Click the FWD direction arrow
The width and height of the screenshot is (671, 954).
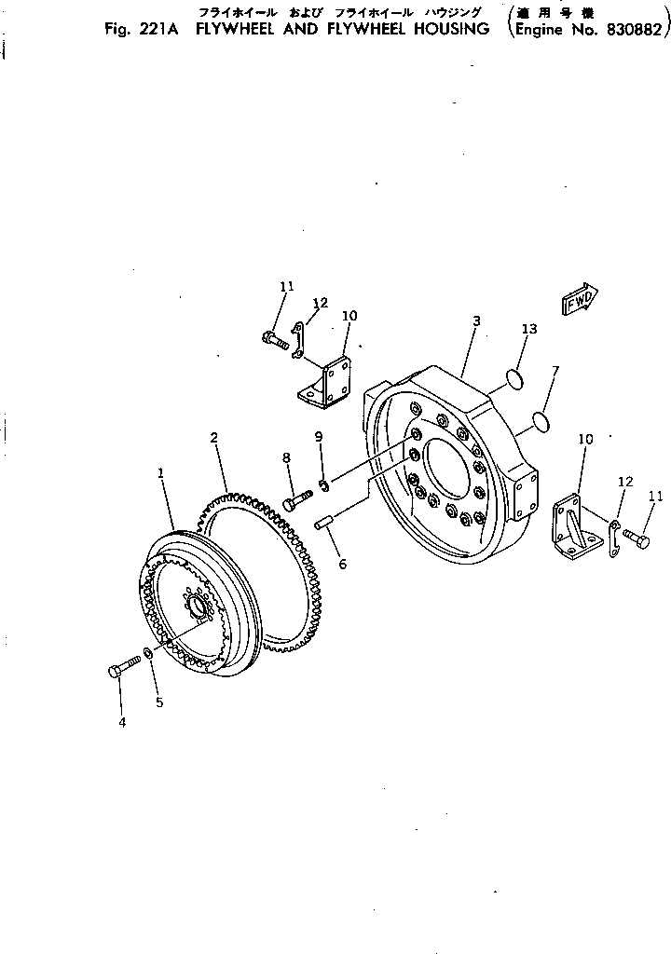click(579, 301)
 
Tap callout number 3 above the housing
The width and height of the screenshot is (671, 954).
click(475, 320)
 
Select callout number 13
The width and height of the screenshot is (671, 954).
click(529, 329)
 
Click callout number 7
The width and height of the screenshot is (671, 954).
click(555, 371)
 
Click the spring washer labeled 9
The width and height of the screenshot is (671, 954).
click(323, 484)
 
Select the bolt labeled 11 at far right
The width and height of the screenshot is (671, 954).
click(636, 538)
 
